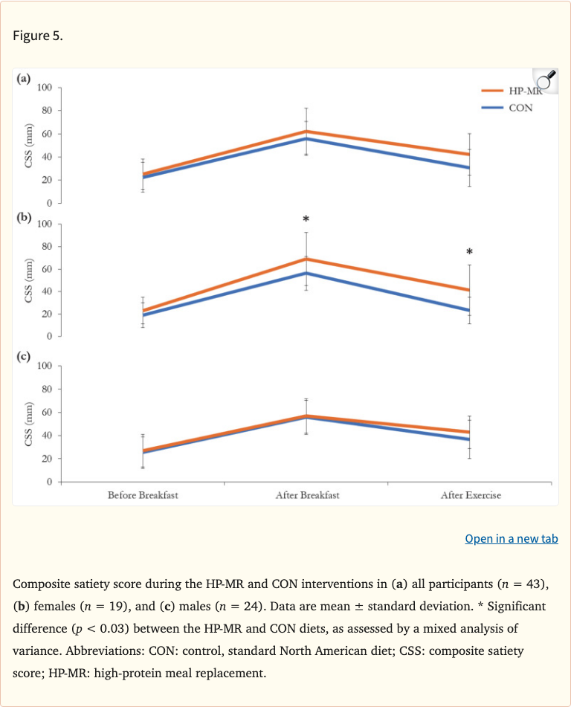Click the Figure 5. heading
pos(38,36)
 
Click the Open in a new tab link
pos(511,539)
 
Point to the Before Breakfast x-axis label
pos(143,495)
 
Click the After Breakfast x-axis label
pos(306,495)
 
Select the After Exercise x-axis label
pos(470,495)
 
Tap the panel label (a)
pos(24,78)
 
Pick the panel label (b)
pos(24,218)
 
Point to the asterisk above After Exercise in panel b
pos(469,252)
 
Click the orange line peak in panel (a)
pos(306,132)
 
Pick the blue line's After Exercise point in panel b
pos(469,310)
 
